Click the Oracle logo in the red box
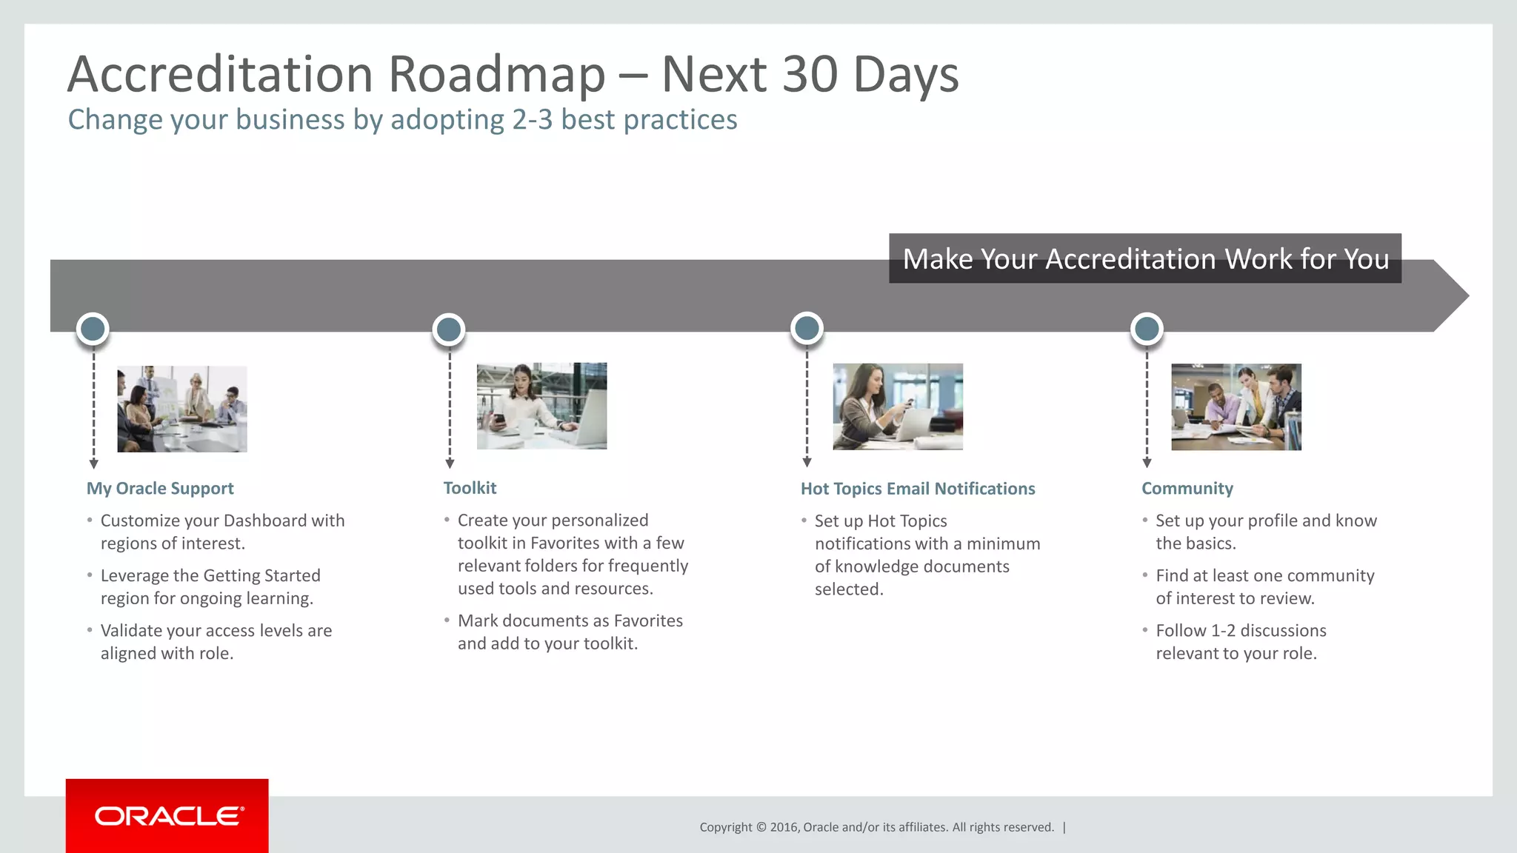coord(168,816)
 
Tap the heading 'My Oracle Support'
coord(160,489)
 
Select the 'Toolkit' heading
coord(470,488)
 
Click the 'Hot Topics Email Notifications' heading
coord(918,489)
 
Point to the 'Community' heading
coord(1187,489)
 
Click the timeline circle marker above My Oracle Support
coord(93,329)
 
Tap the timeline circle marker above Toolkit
coord(449,330)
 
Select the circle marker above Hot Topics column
coord(807,328)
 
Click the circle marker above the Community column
coord(1147,329)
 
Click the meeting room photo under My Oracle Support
coord(182,409)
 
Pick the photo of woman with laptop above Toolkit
coord(541,406)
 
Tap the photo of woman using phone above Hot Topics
coord(898,407)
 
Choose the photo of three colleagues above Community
coord(1236,407)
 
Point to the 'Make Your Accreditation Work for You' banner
coord(1144,258)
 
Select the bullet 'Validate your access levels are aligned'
coord(216,641)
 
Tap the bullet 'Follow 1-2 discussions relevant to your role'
coord(1241,641)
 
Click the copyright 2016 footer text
coord(876,827)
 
